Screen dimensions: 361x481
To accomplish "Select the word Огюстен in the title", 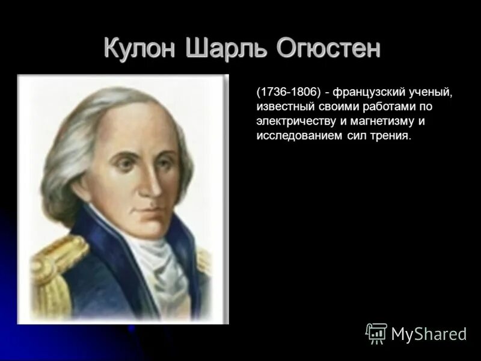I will (328, 48).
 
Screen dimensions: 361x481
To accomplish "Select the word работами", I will (388, 107).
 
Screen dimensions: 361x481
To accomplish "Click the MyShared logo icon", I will (376, 333).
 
